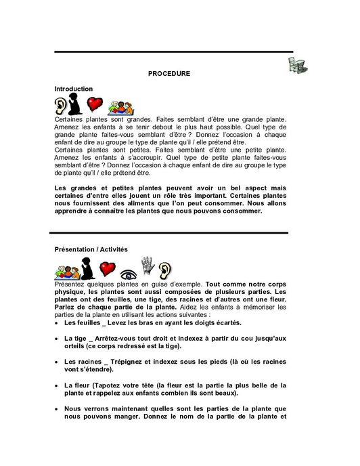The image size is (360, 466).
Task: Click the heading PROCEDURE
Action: tap(168, 73)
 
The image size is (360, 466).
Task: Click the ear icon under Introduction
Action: tap(61, 106)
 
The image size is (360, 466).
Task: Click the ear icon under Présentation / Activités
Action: tap(166, 270)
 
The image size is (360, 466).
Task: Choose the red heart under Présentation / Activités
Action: tap(108, 269)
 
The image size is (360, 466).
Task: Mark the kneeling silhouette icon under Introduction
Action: tap(75, 104)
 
